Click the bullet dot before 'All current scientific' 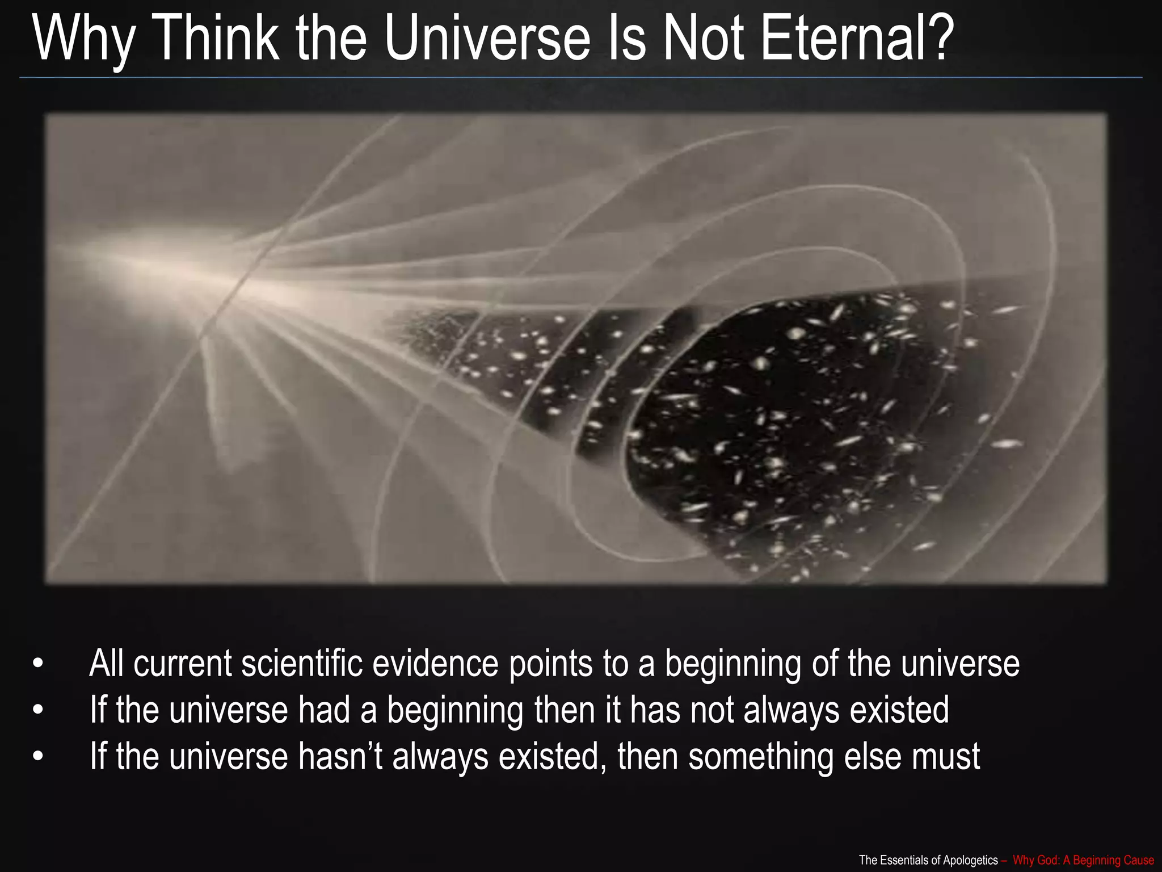38,664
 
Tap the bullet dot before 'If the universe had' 38,710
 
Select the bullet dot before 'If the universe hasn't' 38,757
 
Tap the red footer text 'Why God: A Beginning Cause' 1083,860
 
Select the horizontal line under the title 581,77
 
